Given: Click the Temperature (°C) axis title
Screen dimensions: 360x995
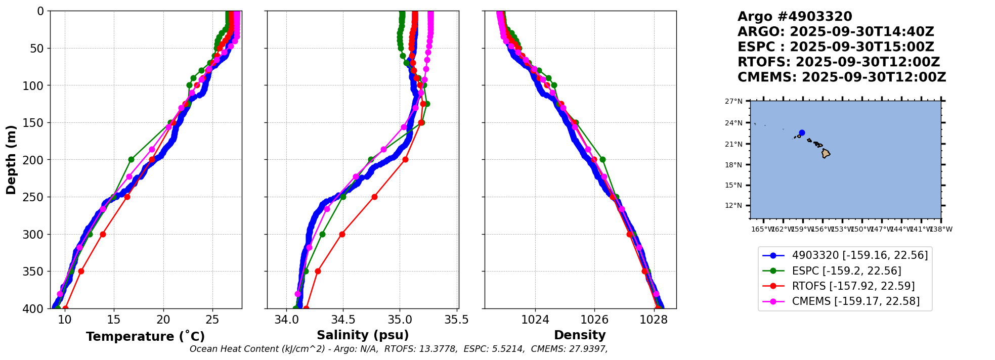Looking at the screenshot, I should [x=145, y=336].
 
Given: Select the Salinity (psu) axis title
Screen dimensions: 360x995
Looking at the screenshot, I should [x=363, y=335].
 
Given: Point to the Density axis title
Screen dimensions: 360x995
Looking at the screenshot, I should [x=580, y=335].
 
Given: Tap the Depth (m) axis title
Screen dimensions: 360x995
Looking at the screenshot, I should [x=11, y=159].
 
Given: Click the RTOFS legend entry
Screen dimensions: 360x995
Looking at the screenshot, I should [x=853, y=286].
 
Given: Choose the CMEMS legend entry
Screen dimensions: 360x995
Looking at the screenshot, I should [x=855, y=301].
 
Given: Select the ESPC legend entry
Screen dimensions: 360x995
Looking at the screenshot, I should [x=846, y=271].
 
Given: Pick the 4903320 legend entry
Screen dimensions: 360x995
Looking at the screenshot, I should [x=859, y=255].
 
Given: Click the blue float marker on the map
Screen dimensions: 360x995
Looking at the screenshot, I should [x=802, y=133].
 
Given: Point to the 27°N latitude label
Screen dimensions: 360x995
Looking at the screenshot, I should [x=733, y=101].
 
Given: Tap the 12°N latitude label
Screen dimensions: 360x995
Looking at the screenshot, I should [x=733, y=205].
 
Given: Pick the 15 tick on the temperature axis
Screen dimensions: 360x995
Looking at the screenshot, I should [x=114, y=320].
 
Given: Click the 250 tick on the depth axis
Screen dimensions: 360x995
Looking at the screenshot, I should [x=35, y=197].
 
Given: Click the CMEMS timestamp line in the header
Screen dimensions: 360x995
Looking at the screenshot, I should [x=841, y=77].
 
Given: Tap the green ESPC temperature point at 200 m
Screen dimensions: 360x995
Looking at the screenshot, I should [x=131, y=159].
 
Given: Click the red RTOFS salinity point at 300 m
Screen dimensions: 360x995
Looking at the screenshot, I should [x=342, y=234].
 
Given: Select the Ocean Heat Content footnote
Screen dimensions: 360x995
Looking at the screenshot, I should [x=398, y=349].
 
